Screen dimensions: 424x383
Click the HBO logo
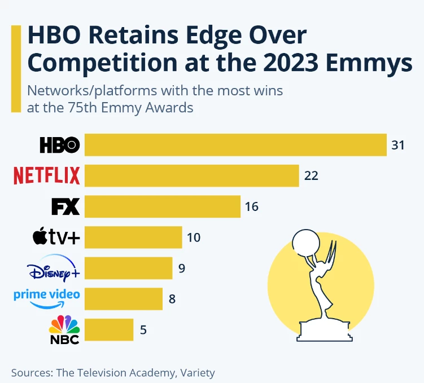tap(60, 145)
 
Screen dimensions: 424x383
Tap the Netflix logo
tap(47, 175)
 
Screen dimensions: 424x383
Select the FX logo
tap(65, 206)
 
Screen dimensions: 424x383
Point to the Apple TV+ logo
tap(56, 236)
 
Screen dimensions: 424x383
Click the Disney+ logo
tap(54, 268)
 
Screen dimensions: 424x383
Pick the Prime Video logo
tap(47, 299)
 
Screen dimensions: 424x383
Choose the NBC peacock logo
tap(64, 329)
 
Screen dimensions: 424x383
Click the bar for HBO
tap(235, 145)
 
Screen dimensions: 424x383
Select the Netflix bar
tap(192, 175)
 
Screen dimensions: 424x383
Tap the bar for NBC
tap(109, 329)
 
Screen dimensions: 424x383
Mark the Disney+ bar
tap(129, 268)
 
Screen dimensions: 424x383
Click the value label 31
tap(398, 146)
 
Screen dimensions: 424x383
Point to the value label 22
tap(311, 176)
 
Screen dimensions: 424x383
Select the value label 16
tap(252, 206)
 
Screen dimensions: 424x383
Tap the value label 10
tap(194, 237)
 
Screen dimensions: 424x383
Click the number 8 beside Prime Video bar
tap(172, 299)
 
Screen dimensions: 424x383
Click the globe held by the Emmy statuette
tap(306, 243)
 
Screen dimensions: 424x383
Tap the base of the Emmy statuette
tap(325, 332)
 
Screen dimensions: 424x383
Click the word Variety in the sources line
tap(198, 373)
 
